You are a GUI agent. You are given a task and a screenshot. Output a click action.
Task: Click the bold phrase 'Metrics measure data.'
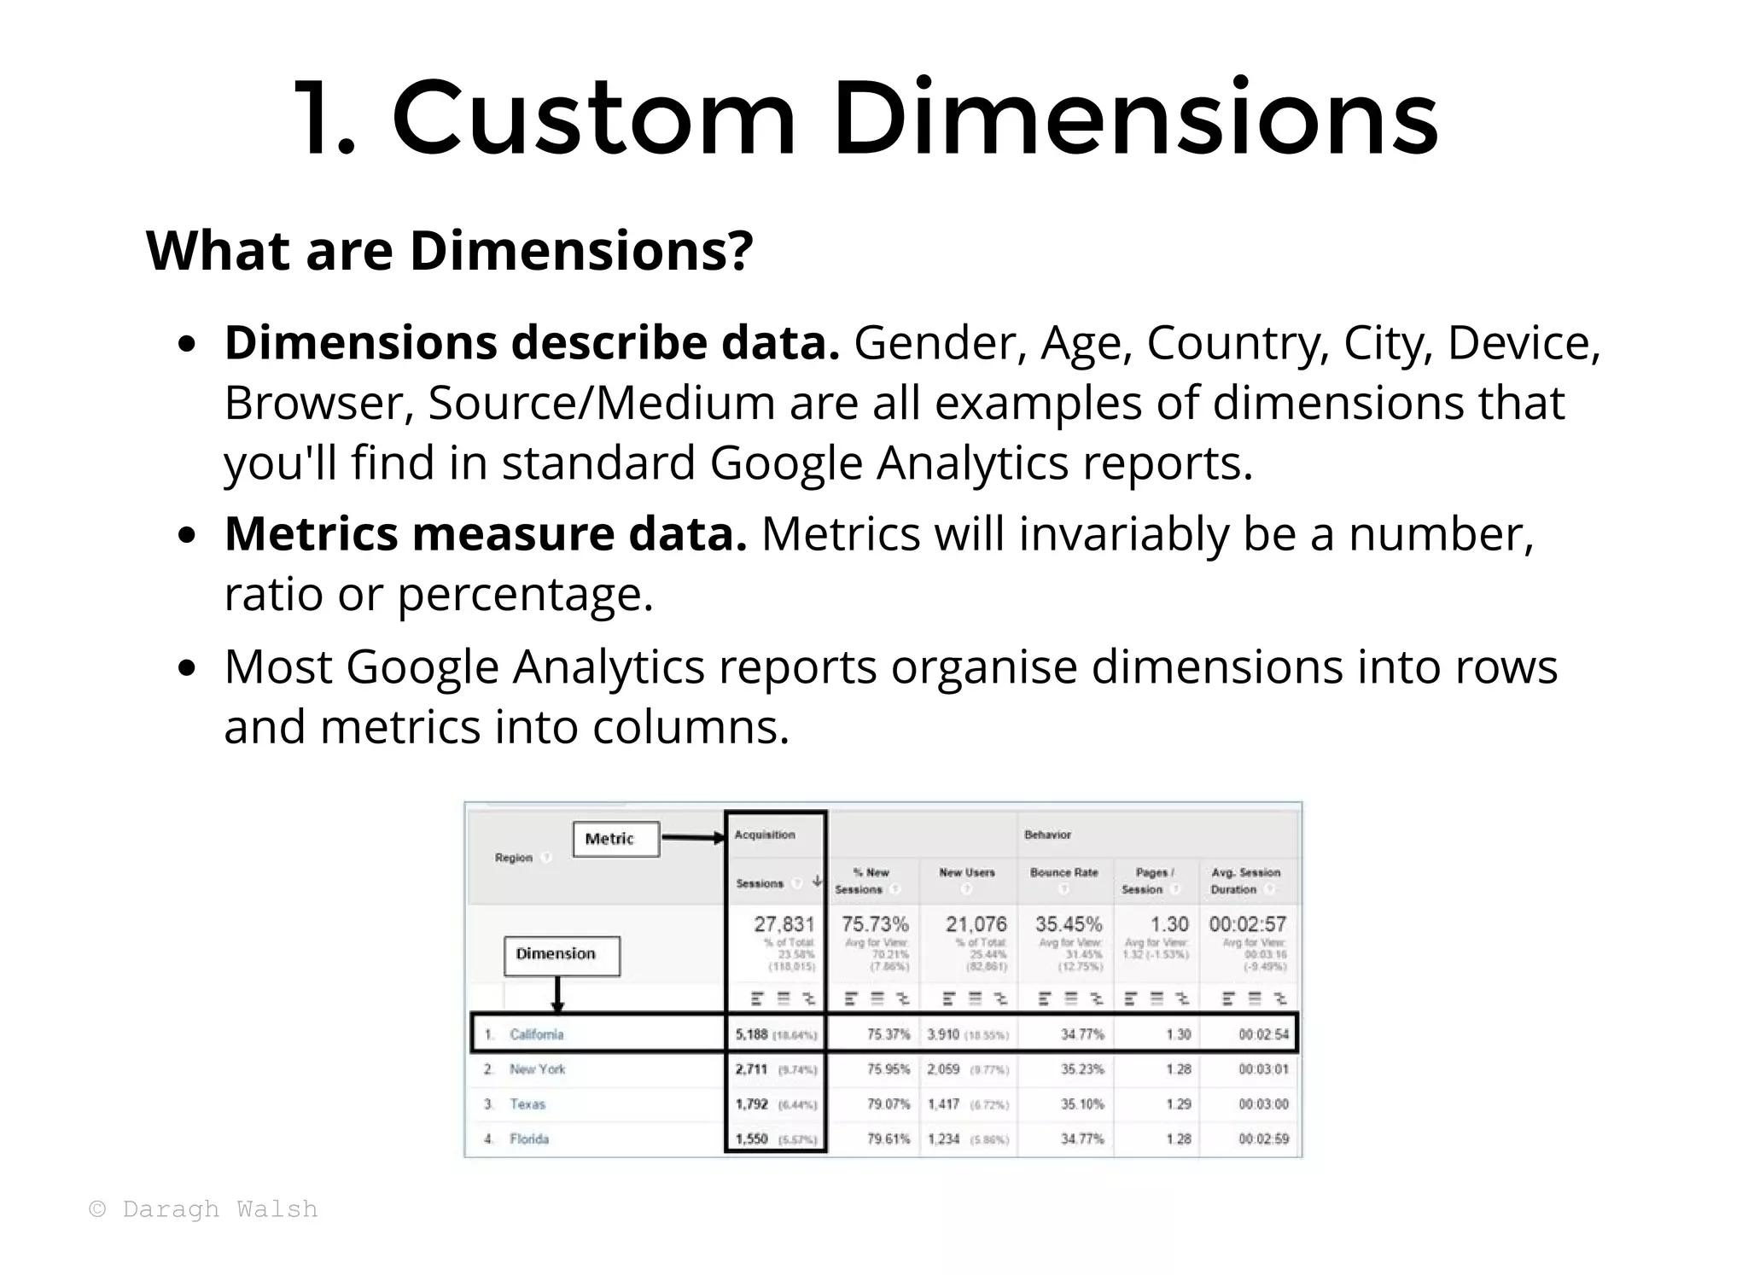coord(485,534)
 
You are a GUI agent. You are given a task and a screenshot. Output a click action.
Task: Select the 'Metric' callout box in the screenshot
coord(615,839)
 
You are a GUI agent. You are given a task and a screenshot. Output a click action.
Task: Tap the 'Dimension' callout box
coord(561,954)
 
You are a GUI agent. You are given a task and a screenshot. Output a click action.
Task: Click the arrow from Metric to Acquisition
coord(692,838)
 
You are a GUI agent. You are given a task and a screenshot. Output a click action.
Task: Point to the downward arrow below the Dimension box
coord(557,994)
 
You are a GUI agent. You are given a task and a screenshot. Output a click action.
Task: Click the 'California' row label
coord(536,1034)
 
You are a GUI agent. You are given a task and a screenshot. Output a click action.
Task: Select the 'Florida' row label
coord(529,1138)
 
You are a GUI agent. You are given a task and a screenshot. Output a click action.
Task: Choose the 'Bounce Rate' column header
coord(1063,872)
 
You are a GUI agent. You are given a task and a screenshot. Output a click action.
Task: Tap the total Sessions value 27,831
coord(784,924)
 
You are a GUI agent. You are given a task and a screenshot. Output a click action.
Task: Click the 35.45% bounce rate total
coord(1068,924)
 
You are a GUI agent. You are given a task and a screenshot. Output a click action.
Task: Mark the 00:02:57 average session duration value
coord(1247,924)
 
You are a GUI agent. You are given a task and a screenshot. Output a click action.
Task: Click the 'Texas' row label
coord(527,1103)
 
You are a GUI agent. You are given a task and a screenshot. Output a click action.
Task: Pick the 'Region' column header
coord(513,858)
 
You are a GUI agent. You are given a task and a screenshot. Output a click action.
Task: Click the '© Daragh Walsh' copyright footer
coord(203,1209)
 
